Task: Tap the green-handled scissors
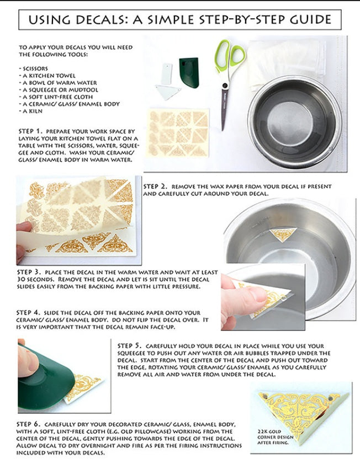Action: click(x=228, y=80)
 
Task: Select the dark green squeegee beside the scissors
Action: click(x=189, y=72)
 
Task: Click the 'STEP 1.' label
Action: click(x=31, y=131)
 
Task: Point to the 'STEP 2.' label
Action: click(x=155, y=186)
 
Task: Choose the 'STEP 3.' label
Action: click(x=29, y=272)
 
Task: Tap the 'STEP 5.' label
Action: click(x=130, y=345)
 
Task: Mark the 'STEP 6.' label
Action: click(x=28, y=424)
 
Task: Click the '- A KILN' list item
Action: click(x=31, y=111)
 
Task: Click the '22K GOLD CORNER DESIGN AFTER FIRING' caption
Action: click(x=276, y=437)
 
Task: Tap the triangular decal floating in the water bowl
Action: click(x=283, y=234)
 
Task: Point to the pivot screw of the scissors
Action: click(x=225, y=86)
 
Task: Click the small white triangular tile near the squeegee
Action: click(x=168, y=92)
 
